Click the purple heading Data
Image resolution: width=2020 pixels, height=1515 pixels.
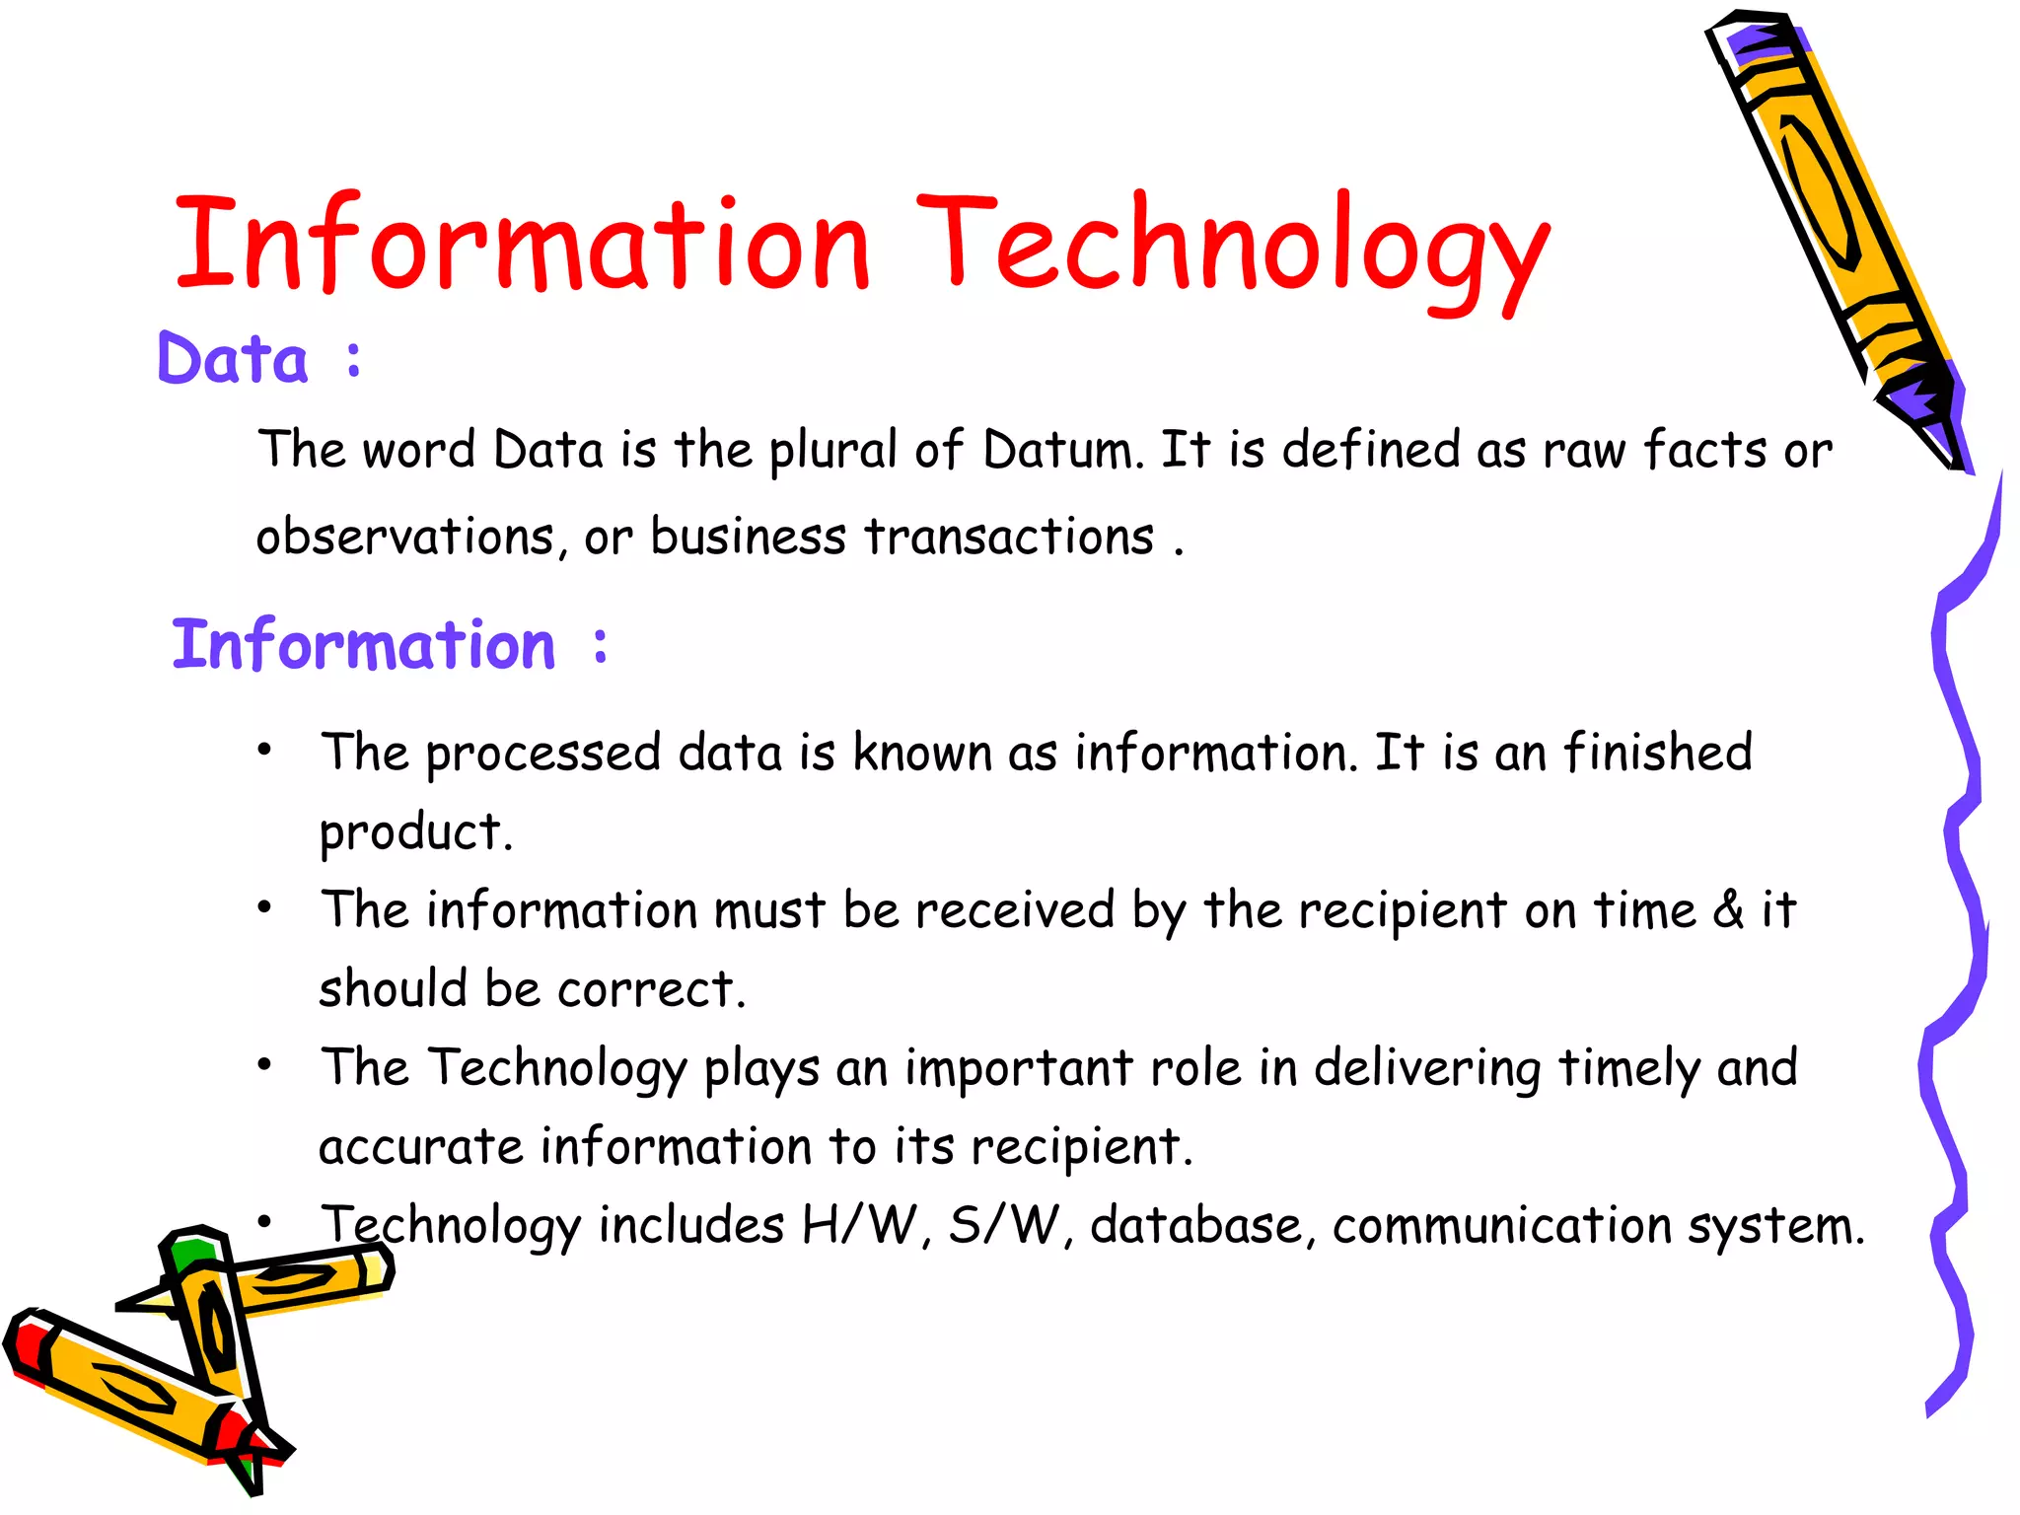(x=233, y=359)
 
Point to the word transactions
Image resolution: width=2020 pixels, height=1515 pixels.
(x=1009, y=538)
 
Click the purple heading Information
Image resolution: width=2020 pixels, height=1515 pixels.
(x=364, y=645)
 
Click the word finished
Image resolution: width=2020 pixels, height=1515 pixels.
(x=1658, y=753)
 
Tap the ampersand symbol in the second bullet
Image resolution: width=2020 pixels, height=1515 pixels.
(x=1728, y=909)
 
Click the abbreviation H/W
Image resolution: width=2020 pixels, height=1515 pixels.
(x=859, y=1226)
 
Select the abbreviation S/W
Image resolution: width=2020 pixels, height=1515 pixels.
(x=1004, y=1226)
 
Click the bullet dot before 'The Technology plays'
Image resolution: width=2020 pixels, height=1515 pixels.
(x=264, y=1065)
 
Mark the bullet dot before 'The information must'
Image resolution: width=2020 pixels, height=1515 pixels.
(x=264, y=907)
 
